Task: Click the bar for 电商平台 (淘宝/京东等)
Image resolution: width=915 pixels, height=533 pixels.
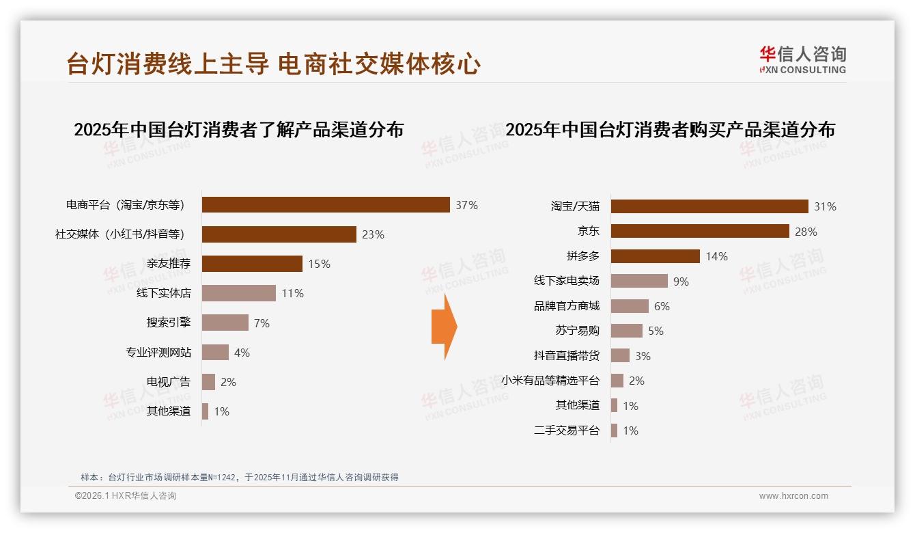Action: (326, 205)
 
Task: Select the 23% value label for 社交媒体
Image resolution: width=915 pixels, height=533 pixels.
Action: (373, 234)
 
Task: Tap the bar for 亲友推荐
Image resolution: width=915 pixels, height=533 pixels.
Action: (252, 264)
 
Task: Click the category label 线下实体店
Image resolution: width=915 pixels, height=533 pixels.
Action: (163, 293)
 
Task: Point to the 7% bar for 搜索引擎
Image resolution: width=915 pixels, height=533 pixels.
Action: (225, 323)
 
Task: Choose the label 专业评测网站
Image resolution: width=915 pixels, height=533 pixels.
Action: (158, 353)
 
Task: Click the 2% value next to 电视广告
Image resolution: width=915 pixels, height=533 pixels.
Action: (228, 382)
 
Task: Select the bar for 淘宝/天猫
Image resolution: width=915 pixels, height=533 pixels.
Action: (709, 206)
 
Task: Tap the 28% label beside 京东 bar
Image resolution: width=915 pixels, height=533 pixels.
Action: (806, 232)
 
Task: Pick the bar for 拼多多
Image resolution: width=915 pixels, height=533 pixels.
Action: (656, 256)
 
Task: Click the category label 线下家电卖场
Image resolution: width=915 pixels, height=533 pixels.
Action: (566, 281)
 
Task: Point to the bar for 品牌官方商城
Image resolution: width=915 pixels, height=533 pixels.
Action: (630, 306)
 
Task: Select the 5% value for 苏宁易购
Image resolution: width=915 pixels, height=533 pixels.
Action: (656, 331)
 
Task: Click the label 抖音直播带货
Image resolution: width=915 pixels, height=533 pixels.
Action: (566, 355)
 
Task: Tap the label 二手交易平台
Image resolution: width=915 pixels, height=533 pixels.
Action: (566, 430)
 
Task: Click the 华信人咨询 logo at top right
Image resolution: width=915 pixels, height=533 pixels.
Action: (802, 60)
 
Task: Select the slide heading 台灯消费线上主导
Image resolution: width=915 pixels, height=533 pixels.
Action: (167, 64)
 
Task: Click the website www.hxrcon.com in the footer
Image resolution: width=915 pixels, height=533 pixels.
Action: (793, 496)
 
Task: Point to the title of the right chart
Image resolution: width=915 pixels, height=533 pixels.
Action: (670, 129)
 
